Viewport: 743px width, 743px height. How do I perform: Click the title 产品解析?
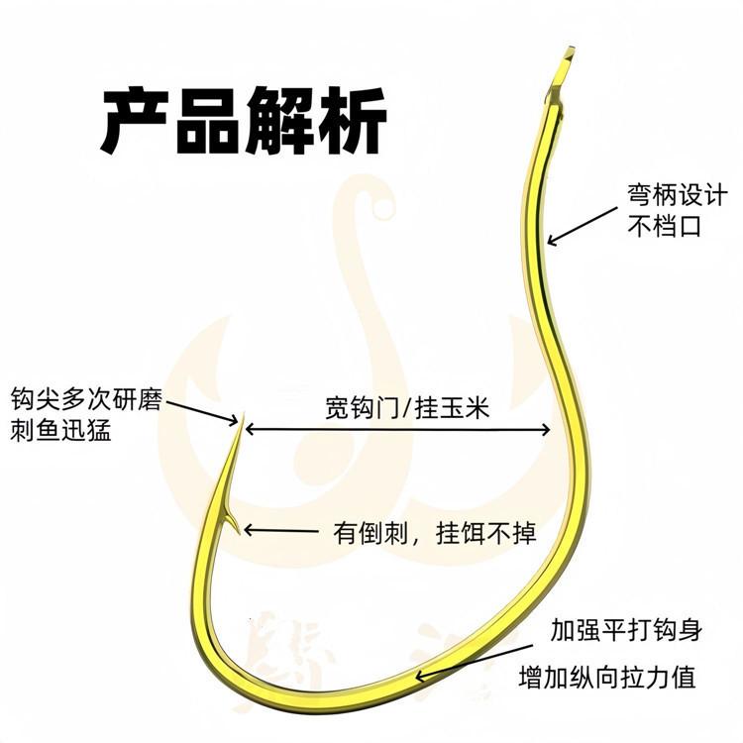click(x=244, y=120)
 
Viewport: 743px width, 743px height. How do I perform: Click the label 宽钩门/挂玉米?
click(x=407, y=408)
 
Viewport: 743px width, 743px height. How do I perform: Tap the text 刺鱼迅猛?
click(x=60, y=431)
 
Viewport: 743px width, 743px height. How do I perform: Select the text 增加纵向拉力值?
click(x=606, y=678)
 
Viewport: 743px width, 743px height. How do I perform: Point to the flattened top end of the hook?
click(x=568, y=59)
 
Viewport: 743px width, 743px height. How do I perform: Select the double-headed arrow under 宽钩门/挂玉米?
click(x=397, y=429)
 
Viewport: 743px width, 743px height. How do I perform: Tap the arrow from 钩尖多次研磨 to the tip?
click(x=202, y=407)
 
